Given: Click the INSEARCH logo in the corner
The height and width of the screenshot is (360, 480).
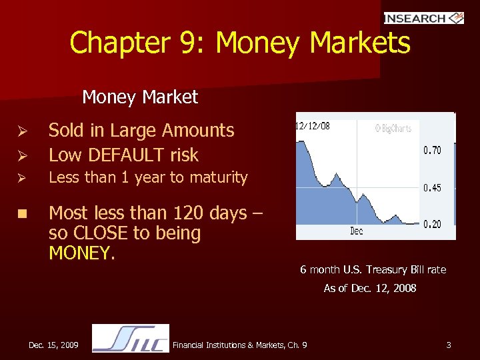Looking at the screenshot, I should [423, 18].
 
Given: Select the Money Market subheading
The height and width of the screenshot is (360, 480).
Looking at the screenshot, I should [140, 97].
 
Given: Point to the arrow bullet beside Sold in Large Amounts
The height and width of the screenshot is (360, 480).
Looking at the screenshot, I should [21, 131].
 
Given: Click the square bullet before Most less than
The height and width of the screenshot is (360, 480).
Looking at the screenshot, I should [21, 214].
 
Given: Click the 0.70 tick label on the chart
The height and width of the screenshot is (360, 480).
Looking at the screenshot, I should [432, 151].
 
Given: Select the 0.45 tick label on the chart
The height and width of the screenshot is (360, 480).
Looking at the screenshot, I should [432, 188].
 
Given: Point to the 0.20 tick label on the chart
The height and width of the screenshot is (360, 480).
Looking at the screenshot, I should [432, 224].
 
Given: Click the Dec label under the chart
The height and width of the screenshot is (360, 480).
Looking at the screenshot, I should [357, 231].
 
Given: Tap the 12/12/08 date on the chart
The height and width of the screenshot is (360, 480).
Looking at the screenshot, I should [313, 125].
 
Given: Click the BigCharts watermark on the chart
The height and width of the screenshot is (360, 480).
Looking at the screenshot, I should [393, 127].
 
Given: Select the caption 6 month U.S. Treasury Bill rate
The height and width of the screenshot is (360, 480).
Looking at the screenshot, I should [373, 269].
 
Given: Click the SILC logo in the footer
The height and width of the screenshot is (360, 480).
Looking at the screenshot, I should [131, 338].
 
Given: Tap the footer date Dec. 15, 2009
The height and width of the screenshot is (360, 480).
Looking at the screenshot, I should [53, 345].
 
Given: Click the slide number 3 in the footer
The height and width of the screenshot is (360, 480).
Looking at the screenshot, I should [449, 345].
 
